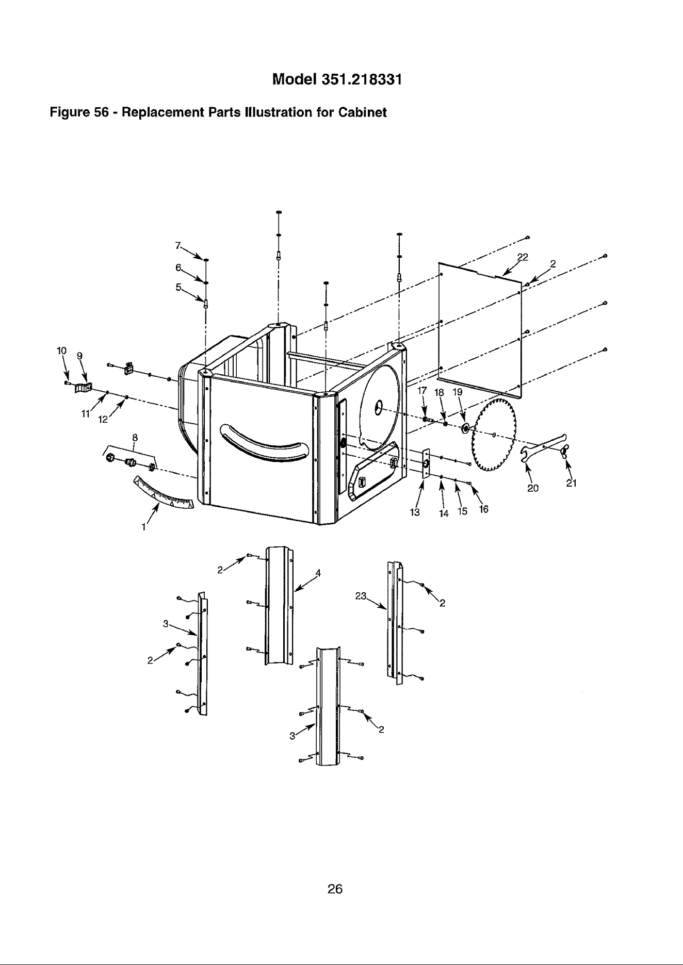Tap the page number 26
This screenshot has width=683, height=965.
point(335,889)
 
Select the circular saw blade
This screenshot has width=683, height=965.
point(494,435)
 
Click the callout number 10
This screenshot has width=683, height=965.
point(61,351)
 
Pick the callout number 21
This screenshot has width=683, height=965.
point(570,484)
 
